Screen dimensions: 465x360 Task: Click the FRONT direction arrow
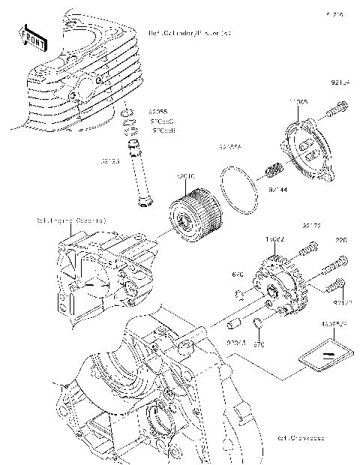pos(31,35)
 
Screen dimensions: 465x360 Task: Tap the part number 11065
pos(299,100)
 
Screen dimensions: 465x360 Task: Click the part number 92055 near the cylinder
pos(157,110)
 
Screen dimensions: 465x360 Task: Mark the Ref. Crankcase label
pos(299,439)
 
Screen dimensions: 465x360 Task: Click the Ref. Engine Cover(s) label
pos(72,221)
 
